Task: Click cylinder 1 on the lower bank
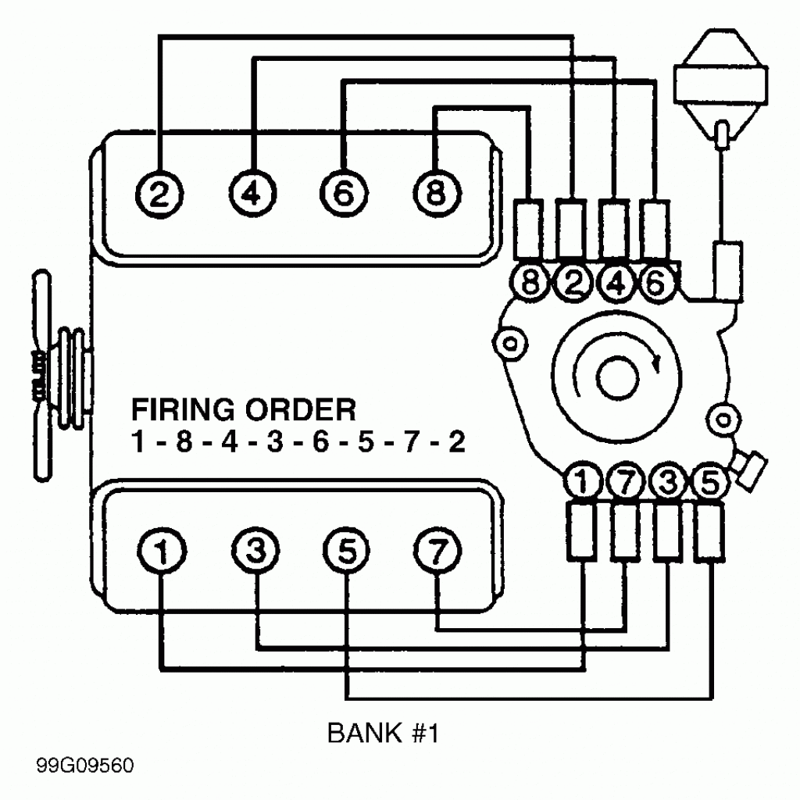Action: tap(160, 554)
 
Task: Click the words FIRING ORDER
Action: tap(243, 409)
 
